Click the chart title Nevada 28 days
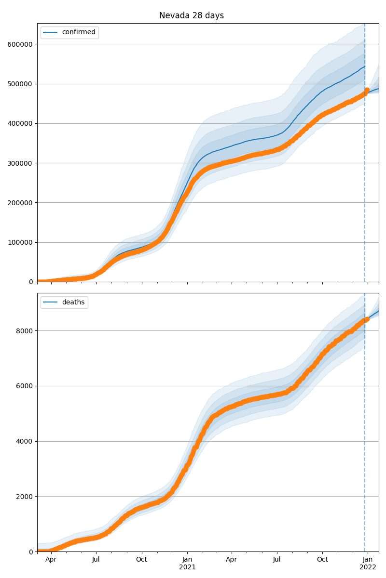(192, 15)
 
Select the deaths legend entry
(73, 302)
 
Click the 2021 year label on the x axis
(187, 567)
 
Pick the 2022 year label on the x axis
(368, 567)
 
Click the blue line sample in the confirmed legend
(50, 32)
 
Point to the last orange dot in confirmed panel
(367, 90)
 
